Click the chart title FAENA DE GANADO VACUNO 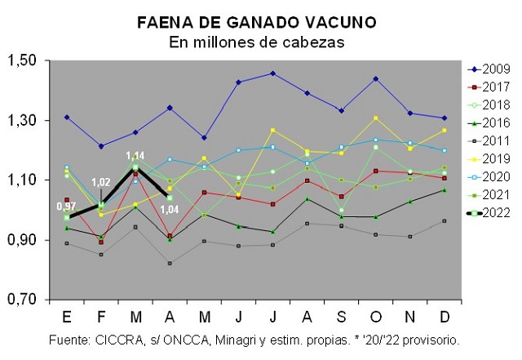tap(257, 22)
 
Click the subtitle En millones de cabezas tap(257, 41)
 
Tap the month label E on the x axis tap(67, 316)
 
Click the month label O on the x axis tap(375, 316)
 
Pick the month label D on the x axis tap(444, 316)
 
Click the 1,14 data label tap(135, 155)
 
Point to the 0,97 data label tap(66, 206)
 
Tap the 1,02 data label tap(100, 181)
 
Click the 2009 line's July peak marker tap(272, 73)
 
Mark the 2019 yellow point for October tap(375, 118)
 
